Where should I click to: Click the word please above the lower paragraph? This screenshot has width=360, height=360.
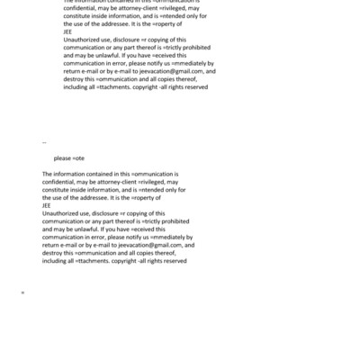(x=61, y=158)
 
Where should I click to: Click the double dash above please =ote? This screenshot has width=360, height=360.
(x=44, y=142)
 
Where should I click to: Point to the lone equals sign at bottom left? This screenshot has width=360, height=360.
(x=22, y=292)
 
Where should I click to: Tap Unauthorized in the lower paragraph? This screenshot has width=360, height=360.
(x=64, y=213)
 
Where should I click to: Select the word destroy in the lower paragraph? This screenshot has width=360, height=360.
(x=53, y=253)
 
